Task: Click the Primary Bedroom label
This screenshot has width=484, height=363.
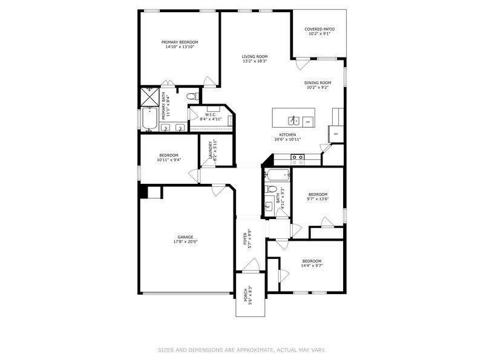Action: (x=180, y=42)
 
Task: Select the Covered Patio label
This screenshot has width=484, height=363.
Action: (x=319, y=29)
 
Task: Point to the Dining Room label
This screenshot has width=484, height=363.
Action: (x=318, y=83)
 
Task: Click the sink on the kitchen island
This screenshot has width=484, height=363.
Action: (x=292, y=120)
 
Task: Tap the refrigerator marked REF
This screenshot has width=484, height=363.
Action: (x=335, y=134)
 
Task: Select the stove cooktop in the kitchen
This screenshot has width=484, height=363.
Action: (x=298, y=160)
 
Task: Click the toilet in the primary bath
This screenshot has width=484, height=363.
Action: (x=191, y=97)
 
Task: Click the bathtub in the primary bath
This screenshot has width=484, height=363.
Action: (x=149, y=119)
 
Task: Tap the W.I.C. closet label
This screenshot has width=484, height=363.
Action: (x=211, y=115)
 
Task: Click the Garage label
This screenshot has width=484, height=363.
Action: (x=185, y=237)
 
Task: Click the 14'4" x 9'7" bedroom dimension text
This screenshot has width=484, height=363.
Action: (x=312, y=266)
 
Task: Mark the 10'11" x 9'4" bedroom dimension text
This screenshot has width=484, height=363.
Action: (x=169, y=160)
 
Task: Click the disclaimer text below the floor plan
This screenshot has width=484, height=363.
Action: (x=242, y=349)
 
